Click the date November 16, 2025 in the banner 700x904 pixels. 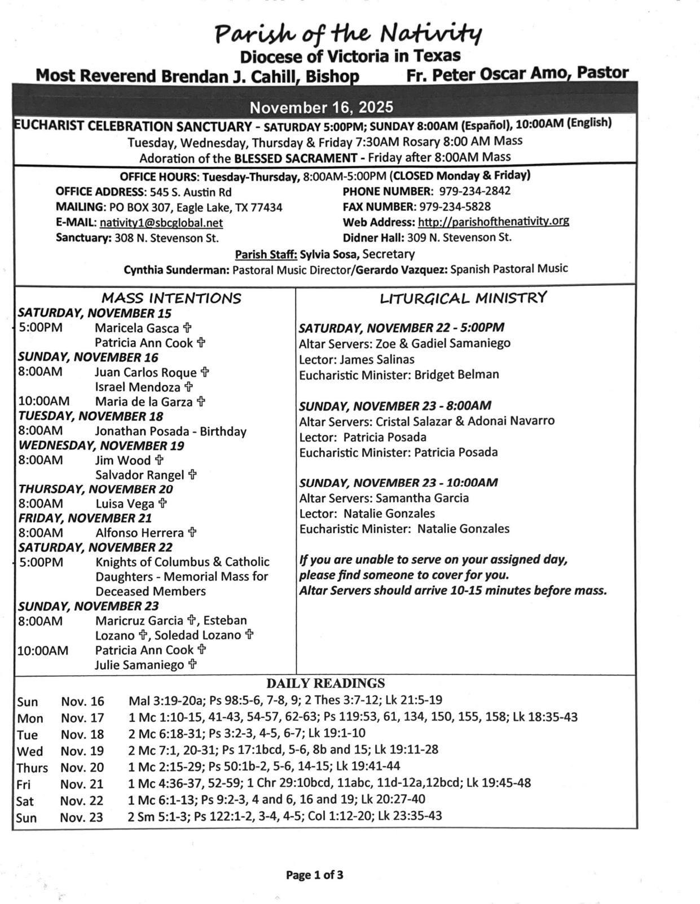pyautogui.click(x=322, y=107)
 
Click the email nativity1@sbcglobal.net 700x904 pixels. pyautogui.click(x=161, y=223)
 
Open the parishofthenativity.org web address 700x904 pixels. pyautogui.click(x=493, y=221)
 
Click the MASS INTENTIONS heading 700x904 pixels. pyautogui.click(x=171, y=298)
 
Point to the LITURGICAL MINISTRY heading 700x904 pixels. pyautogui.click(x=463, y=298)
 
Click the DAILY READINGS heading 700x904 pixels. pyautogui.click(x=325, y=683)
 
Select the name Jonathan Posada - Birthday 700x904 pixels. pyautogui.click(x=170, y=431)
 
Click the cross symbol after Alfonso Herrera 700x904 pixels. pyautogui.click(x=192, y=532)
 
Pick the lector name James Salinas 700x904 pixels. pyautogui.click(x=377, y=359)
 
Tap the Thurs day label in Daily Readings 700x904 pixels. pyautogui.click(x=32, y=768)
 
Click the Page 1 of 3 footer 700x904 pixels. pyautogui.click(x=314, y=875)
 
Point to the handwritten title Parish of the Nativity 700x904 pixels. pyautogui.click(x=348, y=35)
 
